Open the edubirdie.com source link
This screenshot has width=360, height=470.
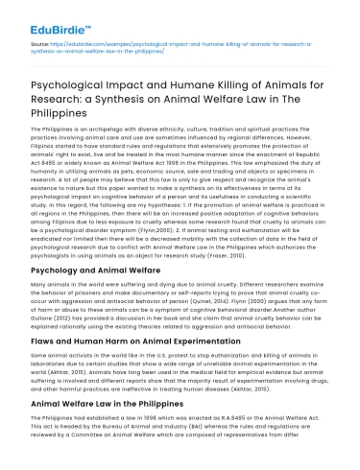coord(182,46)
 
